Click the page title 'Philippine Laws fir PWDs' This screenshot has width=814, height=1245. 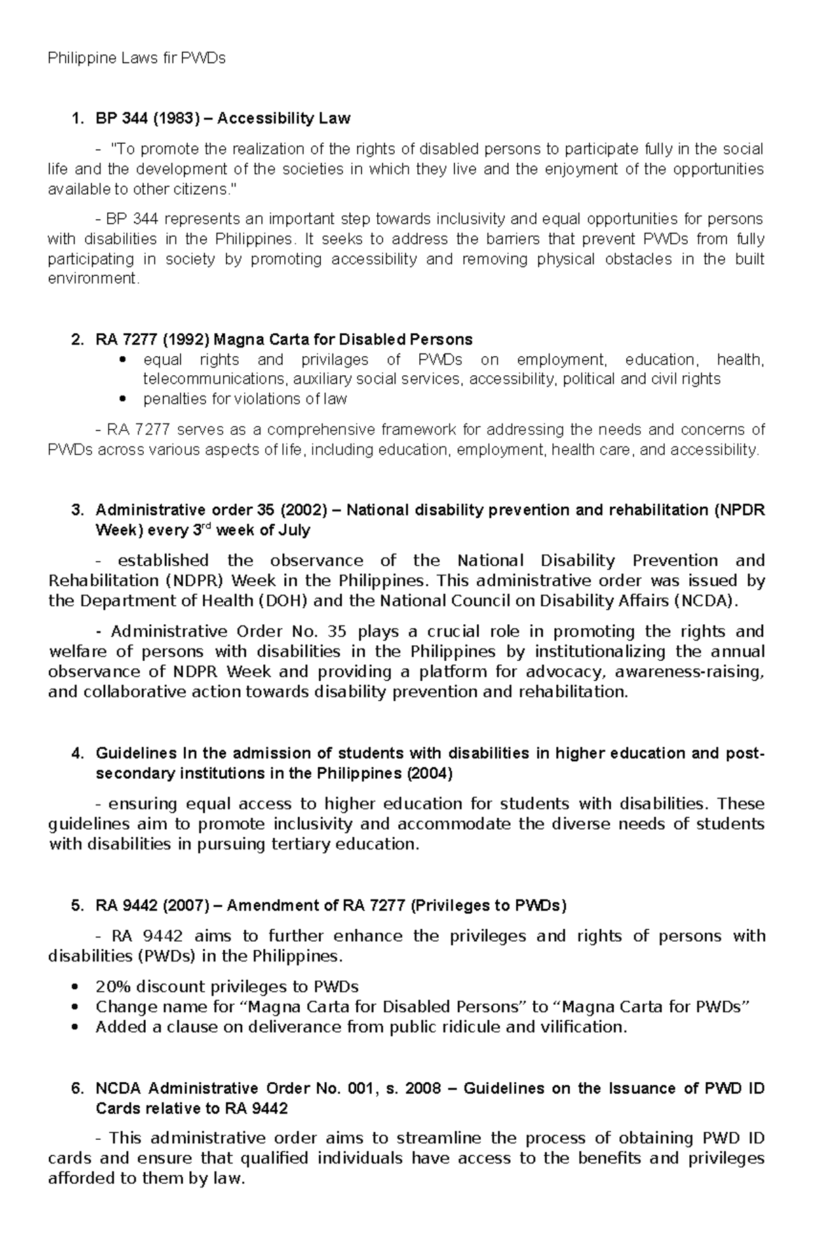point(136,58)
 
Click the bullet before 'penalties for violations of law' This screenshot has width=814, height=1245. point(122,399)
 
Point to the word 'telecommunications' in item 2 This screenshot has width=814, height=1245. point(208,379)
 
